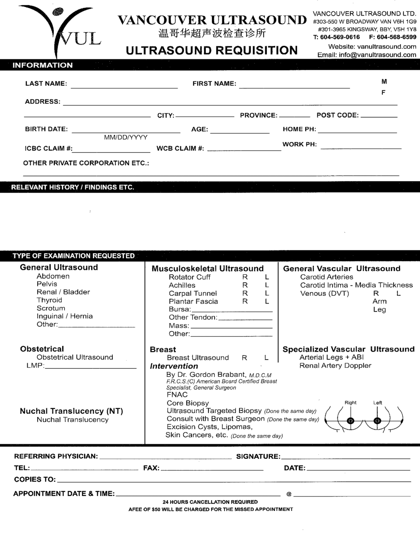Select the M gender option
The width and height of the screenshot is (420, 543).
pyautogui.click(x=384, y=82)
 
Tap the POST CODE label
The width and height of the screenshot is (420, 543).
pyautogui.click(x=337, y=115)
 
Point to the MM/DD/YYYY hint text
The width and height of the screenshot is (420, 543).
pyautogui.click(x=126, y=137)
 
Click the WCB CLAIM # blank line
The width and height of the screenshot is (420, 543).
pyautogui.click(x=244, y=149)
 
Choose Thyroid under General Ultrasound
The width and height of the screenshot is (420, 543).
pyautogui.click(x=49, y=300)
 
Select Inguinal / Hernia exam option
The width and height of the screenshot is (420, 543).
pyautogui.click(x=64, y=316)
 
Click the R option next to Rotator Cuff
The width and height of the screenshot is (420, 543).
pyautogui.click(x=245, y=277)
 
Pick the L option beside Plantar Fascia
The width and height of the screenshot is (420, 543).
pyautogui.click(x=267, y=302)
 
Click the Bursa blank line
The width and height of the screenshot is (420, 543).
pyautogui.click(x=232, y=310)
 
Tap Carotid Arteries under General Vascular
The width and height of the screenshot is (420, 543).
pyautogui.click(x=326, y=277)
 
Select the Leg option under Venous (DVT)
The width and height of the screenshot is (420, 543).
pyautogui.click(x=379, y=310)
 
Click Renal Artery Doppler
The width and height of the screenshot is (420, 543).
pyautogui.click(x=335, y=366)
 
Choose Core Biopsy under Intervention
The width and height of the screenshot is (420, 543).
pyautogui.click(x=188, y=403)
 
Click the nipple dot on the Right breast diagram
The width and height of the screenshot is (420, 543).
pyautogui.click(x=350, y=421)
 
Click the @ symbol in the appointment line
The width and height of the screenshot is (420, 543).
pyautogui.click(x=289, y=494)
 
